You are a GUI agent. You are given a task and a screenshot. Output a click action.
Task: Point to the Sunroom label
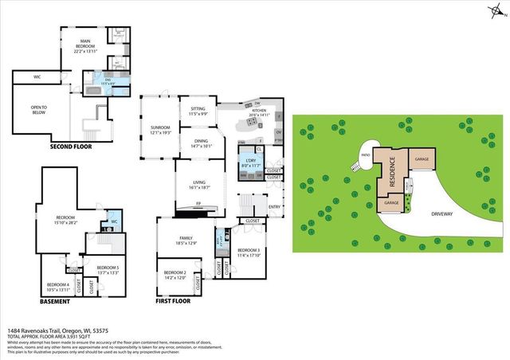(160, 130)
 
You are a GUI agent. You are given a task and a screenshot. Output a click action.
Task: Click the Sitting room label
(198, 112)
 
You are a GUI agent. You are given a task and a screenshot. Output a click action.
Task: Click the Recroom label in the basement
(65, 220)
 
